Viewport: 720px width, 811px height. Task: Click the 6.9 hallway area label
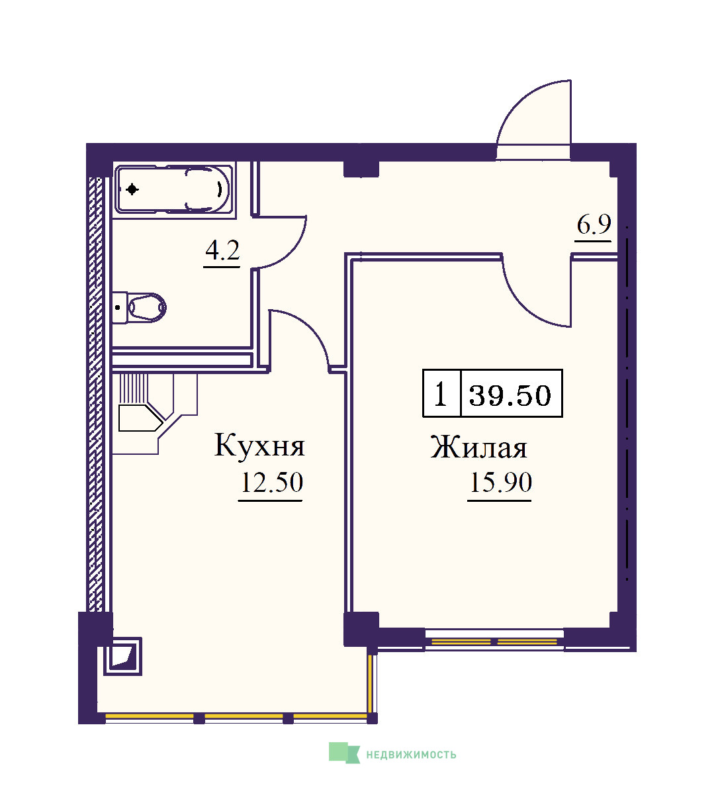pyautogui.click(x=594, y=224)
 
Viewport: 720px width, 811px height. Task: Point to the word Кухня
pyautogui.click(x=259, y=445)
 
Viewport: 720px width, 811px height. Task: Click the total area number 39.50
pyautogui.click(x=510, y=395)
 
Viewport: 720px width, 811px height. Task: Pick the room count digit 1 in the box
pyautogui.click(x=440, y=395)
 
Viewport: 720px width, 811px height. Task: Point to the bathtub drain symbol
pyautogui.click(x=132, y=189)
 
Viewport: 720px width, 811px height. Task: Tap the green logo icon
pyautogui.click(x=344, y=753)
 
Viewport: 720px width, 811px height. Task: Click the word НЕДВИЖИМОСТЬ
pyautogui.click(x=411, y=755)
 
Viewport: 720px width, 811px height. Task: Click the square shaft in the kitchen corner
pyautogui.click(x=122, y=656)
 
